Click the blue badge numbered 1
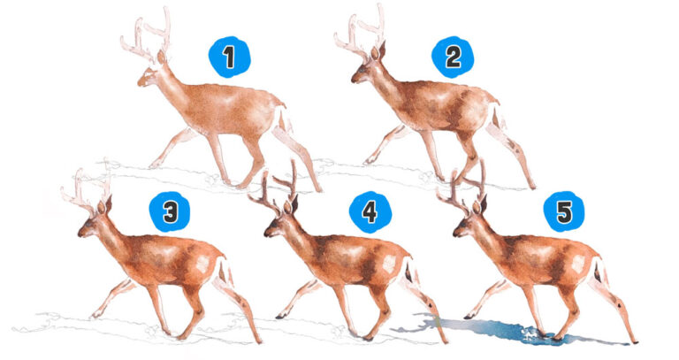coord(229,58)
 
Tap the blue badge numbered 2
coord(453,57)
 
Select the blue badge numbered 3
coord(171,211)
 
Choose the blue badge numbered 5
coord(563,211)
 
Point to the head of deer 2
coord(365,71)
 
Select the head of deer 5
coord(468,225)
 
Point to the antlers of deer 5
coord(463,188)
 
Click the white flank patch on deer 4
coord(388,263)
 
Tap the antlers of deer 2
coord(361,35)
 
